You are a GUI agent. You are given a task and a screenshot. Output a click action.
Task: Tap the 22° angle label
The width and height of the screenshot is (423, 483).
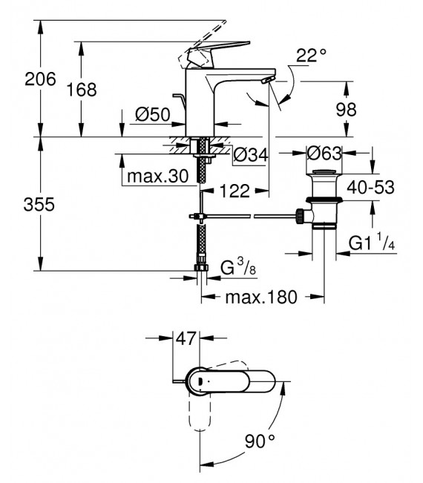(312, 55)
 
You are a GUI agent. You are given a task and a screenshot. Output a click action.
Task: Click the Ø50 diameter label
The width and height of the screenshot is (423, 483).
(153, 115)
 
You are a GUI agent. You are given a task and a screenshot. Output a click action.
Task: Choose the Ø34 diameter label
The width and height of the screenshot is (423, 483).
(250, 156)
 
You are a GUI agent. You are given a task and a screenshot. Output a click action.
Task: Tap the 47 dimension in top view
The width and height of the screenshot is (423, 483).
(186, 340)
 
